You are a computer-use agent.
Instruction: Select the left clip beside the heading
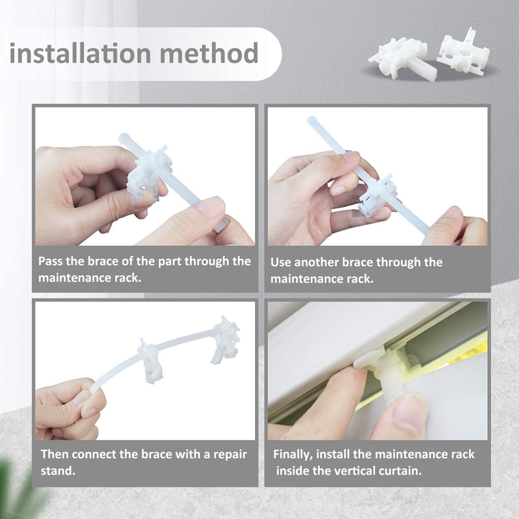[x=398, y=56]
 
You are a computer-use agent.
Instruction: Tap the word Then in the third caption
[x=55, y=454]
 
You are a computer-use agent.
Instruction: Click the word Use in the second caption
[x=281, y=262]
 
